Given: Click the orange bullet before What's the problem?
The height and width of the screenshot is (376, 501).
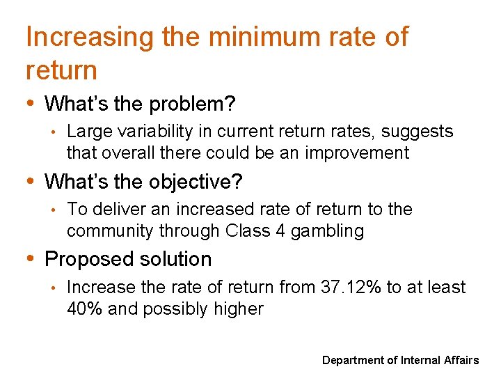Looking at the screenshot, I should pyautogui.click(x=31, y=104).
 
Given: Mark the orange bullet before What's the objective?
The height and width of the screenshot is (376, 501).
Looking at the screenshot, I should pyautogui.click(x=31, y=181).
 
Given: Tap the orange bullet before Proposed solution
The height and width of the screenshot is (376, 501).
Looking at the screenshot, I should pyautogui.click(x=31, y=258).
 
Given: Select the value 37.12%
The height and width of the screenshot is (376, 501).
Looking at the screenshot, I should pyautogui.click(x=356, y=287).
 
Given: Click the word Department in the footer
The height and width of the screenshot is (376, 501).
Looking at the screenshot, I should pyautogui.click(x=353, y=360).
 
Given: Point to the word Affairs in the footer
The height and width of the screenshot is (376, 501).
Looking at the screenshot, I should pyautogui.click(x=461, y=360).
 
